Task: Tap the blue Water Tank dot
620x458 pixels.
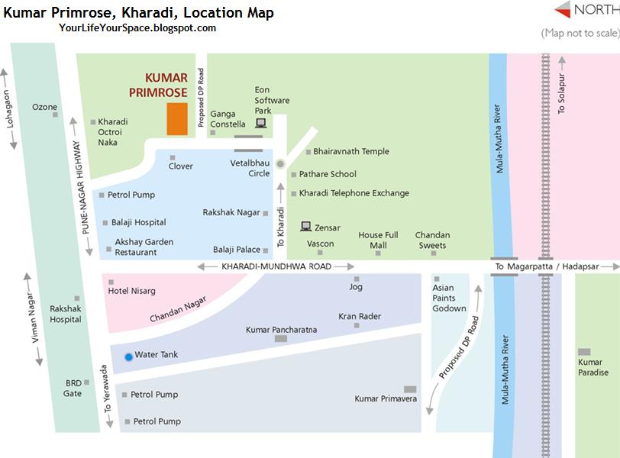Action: [128, 356]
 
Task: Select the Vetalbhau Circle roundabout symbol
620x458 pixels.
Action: [280, 163]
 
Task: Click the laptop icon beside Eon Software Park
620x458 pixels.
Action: [261, 123]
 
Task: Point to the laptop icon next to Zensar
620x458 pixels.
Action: [305, 226]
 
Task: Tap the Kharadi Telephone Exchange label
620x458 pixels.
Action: [354, 193]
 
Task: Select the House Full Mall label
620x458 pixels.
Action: [378, 240]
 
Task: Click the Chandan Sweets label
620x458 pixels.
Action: [432, 240]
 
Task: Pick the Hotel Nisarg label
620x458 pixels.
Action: [131, 291]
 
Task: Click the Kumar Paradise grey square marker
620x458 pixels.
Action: [585, 352]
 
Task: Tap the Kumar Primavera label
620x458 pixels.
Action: [386, 398]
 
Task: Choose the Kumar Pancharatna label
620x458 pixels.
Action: [281, 330]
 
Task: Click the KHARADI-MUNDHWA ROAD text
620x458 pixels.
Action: [276, 266]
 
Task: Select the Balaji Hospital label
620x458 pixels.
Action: [138, 222]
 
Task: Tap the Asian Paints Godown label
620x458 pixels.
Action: [449, 298]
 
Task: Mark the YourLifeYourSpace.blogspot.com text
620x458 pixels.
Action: [137, 28]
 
